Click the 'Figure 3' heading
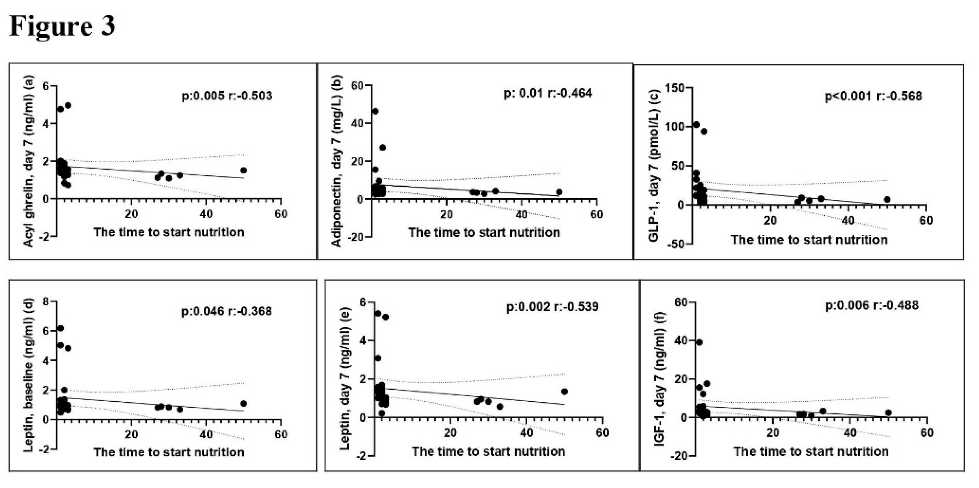coord(62,27)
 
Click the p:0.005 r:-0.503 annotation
coord(227,96)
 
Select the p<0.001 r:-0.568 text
coord(873,96)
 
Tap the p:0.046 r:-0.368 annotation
coord(226,311)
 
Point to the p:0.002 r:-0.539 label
coord(552,306)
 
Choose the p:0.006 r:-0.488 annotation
coord(871,305)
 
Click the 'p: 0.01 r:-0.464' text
coord(547,93)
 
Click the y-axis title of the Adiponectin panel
coord(337,161)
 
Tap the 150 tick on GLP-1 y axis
coord(674,88)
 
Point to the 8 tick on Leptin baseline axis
coord(46,302)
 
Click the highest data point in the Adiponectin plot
coord(375,111)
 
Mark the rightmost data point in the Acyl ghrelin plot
coord(243,170)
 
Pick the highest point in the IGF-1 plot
coord(699,343)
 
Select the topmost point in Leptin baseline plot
coord(60,328)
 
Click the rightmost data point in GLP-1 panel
coord(887,199)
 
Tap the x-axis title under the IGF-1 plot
coord(811,451)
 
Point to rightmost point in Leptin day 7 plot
coord(564,392)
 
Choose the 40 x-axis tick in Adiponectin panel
coord(521,214)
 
